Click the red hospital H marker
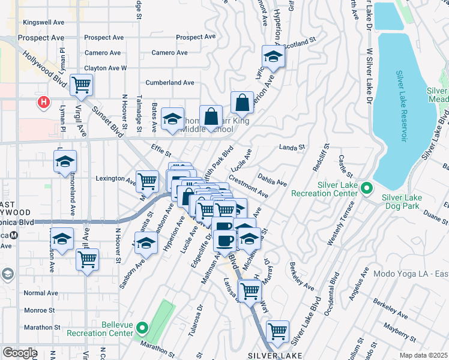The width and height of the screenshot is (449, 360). (x=43, y=103)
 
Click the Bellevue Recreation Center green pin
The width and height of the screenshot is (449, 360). (x=142, y=328)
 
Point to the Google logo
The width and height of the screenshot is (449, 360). (x=20, y=353)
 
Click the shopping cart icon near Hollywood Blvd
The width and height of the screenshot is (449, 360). (x=81, y=85)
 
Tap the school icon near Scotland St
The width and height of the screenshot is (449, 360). (x=273, y=58)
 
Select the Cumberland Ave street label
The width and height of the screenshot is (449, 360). (x=172, y=82)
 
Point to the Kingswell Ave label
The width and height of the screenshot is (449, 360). (x=43, y=22)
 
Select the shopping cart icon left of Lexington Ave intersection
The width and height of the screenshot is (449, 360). (x=146, y=180)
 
